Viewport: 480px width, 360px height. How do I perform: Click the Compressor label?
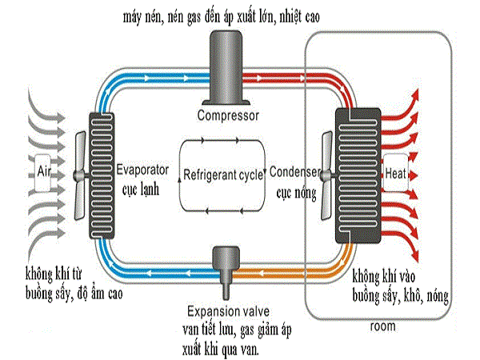pos(228,115)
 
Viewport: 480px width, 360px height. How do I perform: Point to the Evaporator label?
pos(141,170)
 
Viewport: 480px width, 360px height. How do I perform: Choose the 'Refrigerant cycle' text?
pos(222,175)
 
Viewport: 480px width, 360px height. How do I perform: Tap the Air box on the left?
pos(45,170)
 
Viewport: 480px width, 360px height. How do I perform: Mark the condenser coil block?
pos(354,174)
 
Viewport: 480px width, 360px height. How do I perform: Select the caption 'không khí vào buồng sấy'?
pos(400,287)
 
